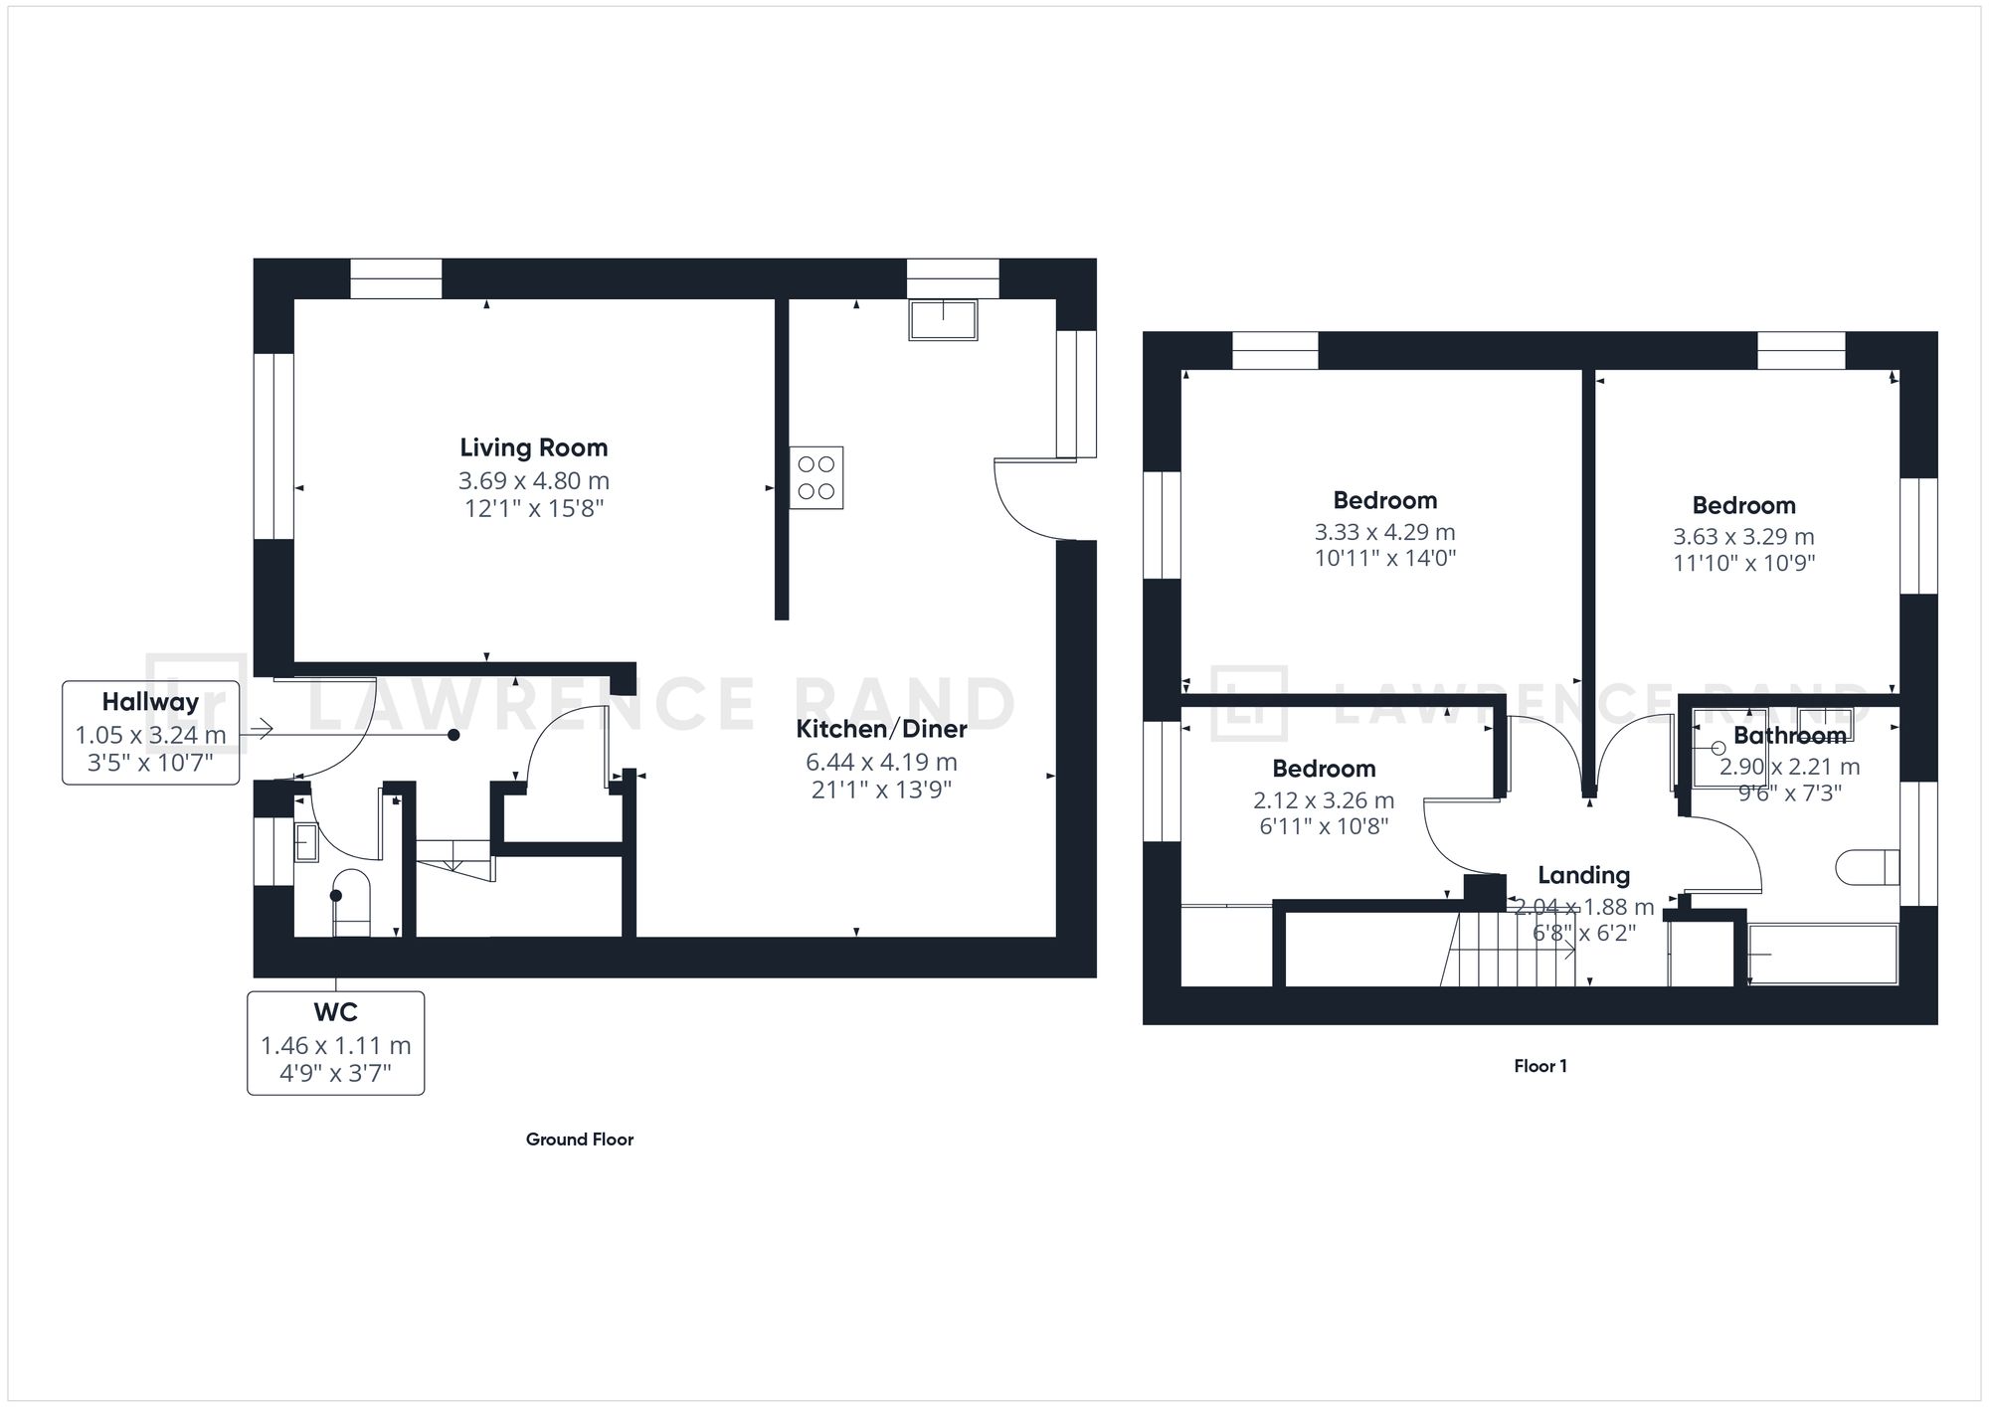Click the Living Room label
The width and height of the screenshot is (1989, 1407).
533,447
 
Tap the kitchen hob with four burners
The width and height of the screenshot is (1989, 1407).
816,478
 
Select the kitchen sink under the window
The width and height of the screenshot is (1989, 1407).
943,320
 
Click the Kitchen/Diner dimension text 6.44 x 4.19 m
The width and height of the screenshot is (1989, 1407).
881,763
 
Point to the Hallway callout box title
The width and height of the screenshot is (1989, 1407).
150,702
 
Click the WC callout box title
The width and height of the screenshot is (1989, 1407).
335,1012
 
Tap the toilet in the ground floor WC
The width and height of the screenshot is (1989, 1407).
350,901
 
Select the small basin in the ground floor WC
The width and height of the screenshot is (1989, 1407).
305,842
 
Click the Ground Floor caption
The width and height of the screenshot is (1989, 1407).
579,1140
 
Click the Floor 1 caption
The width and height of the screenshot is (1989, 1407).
1539,1066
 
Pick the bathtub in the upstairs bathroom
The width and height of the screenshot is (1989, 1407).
1823,955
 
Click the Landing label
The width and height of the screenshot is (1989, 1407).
1583,875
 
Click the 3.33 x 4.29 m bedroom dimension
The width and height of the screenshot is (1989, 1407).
1384,532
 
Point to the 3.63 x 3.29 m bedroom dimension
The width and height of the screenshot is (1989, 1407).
1743,537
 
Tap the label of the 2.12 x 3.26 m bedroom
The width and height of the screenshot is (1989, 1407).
1324,769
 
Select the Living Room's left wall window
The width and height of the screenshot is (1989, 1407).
273,446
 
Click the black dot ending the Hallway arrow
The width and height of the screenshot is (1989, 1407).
453,735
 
